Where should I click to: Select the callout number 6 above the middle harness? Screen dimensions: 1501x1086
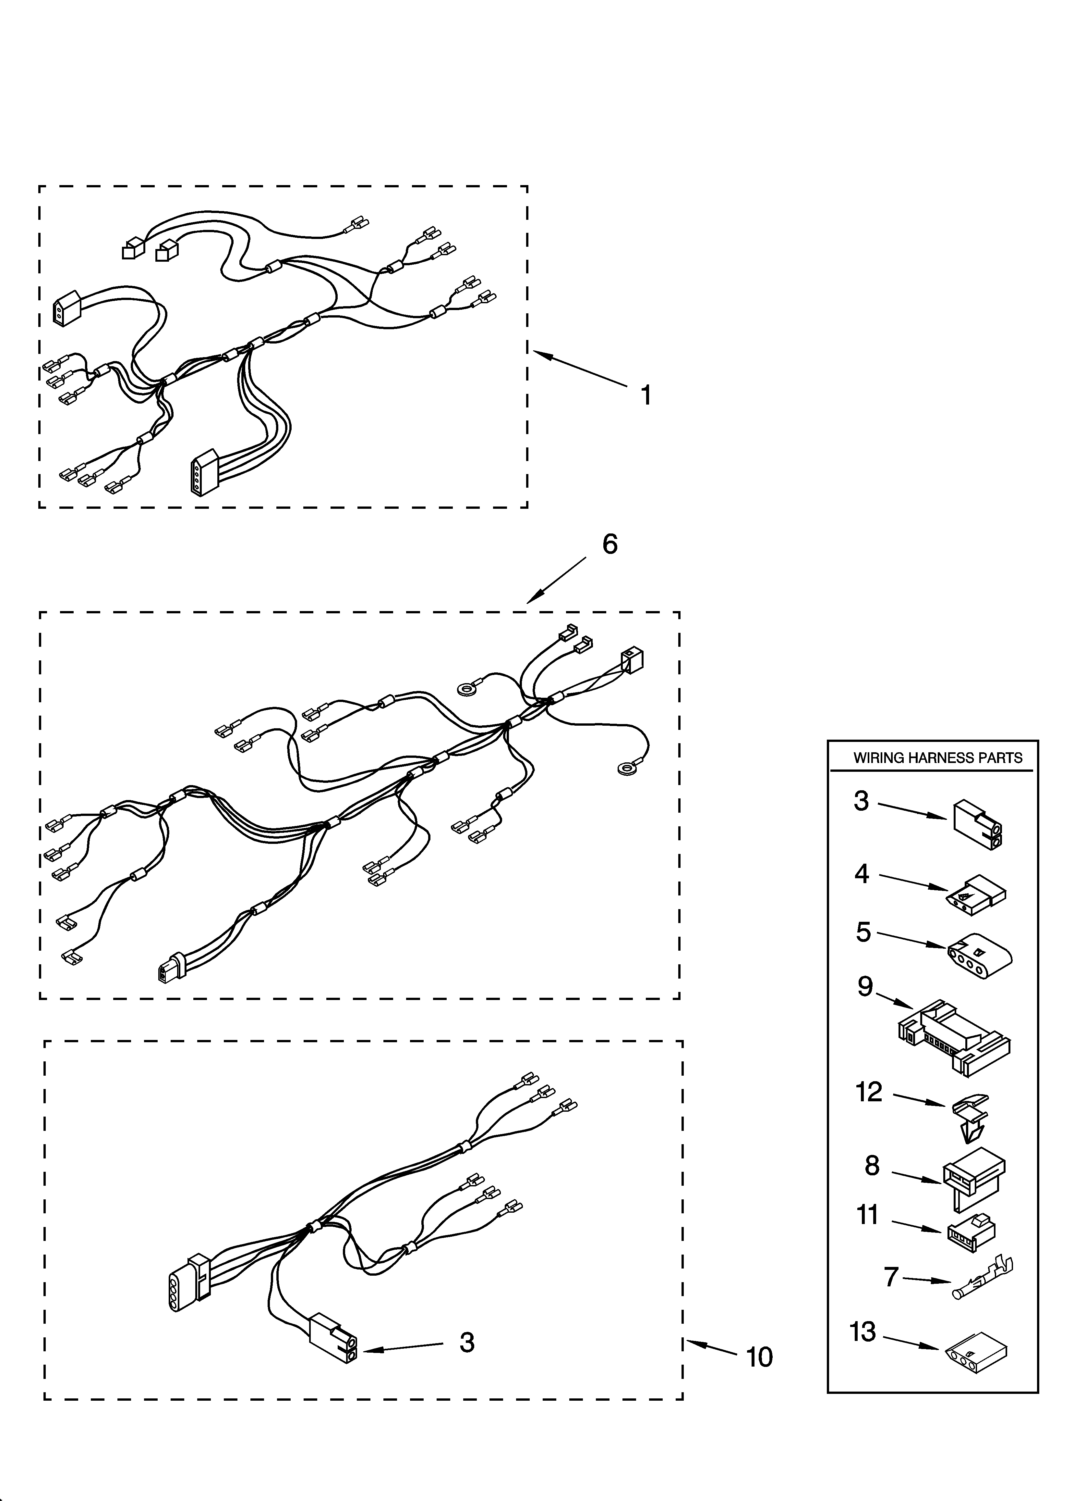[609, 544]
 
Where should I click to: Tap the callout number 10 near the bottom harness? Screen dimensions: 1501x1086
[759, 1357]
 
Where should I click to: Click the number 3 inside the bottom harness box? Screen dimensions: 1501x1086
[467, 1342]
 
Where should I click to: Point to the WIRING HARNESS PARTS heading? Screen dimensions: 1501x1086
[938, 758]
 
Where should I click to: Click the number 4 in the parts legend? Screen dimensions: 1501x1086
[861, 874]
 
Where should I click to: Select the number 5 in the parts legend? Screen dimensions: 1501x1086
[863, 932]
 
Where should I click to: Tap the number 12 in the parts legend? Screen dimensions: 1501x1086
[869, 1091]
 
